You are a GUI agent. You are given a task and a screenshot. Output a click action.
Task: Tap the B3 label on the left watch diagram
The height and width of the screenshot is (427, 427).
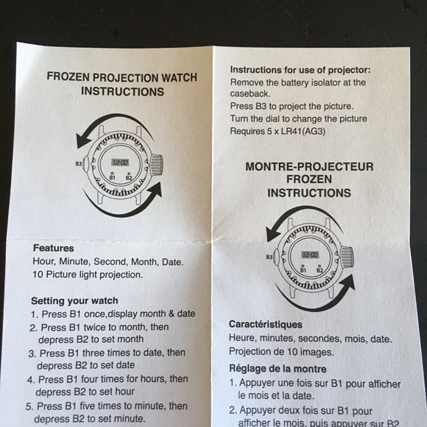click(x=78, y=163)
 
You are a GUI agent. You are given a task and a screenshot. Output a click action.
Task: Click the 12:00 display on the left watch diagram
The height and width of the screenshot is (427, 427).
click(x=119, y=162)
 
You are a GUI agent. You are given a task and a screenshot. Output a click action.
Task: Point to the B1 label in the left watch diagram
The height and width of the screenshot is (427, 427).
click(x=112, y=177)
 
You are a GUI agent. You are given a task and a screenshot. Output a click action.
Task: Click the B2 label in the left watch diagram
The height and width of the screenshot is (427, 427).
click(x=129, y=177)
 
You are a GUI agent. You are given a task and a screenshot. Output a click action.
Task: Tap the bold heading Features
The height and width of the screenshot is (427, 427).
click(x=53, y=249)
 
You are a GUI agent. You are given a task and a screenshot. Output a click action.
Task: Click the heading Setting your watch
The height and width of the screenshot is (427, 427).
click(x=74, y=300)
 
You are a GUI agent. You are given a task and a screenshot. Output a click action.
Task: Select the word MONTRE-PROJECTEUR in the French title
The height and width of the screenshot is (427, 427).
click(x=309, y=167)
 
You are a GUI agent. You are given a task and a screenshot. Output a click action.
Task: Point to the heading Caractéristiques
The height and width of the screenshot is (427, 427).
click(x=266, y=324)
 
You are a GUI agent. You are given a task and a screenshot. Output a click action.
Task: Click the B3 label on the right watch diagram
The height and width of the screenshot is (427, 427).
click(x=270, y=257)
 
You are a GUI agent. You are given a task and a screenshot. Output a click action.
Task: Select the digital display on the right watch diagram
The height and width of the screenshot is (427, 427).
click(x=310, y=255)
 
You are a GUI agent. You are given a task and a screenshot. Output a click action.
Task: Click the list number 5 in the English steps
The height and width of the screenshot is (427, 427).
click(x=29, y=406)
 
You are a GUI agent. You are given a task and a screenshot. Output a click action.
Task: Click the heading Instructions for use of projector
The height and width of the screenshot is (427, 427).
click(x=300, y=69)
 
